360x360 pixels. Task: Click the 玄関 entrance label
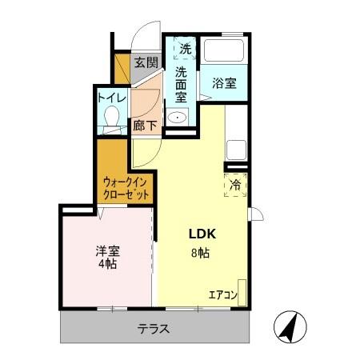click(144, 62)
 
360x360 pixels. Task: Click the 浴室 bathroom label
click(223, 82)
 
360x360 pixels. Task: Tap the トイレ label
click(110, 98)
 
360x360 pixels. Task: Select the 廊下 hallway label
click(145, 124)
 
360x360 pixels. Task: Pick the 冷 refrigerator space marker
click(236, 185)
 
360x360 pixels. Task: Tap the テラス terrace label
click(152, 328)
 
